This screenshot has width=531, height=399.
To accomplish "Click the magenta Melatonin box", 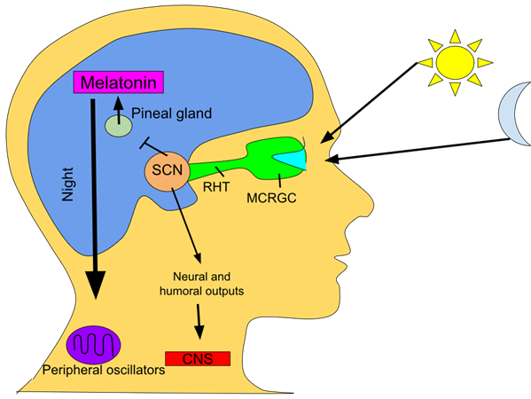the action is point(119,82).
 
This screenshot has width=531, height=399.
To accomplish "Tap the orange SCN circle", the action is point(168,171).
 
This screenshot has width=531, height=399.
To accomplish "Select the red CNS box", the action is point(198,359).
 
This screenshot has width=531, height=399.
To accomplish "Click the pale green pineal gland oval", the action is point(118,126).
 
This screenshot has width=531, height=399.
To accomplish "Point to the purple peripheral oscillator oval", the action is point(93,345).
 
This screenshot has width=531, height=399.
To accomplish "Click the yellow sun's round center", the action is point(455,63).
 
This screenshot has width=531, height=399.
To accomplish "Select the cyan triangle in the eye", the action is point(291,160).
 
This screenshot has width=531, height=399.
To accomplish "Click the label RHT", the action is point(216,186).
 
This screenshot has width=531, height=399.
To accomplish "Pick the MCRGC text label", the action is point(271,198).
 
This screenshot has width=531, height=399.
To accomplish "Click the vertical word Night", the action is point(67,184).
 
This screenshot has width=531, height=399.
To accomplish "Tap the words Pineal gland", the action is point(171,113).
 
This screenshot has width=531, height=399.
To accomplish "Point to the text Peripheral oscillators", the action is point(104,370).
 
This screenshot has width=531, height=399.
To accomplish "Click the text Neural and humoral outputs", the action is point(201,284).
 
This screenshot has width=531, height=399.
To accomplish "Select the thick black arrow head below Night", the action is point(96,285).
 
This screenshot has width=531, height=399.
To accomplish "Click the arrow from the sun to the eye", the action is point(369,103).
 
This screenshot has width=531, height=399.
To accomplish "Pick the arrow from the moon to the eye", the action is point(418,149).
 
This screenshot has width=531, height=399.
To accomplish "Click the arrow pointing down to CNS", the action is point(199,322).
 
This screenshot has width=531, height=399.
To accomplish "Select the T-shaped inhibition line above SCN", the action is point(153,146).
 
